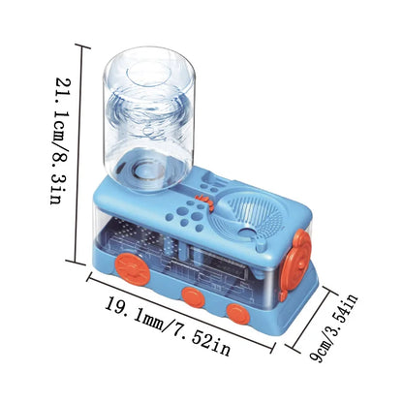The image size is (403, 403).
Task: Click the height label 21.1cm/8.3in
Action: coord(59,140)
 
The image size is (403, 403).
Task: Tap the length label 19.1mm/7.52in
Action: coord(168,326)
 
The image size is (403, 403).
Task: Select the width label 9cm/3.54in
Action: coord(333,327)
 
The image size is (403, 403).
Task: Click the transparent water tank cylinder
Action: coord(149,118)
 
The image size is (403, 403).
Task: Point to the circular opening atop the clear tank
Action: coord(149,76)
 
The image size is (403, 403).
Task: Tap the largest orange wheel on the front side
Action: coord(133,269)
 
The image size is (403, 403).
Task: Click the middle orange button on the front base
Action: coord(193,296)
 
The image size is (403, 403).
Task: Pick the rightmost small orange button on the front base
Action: coord(238,314)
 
